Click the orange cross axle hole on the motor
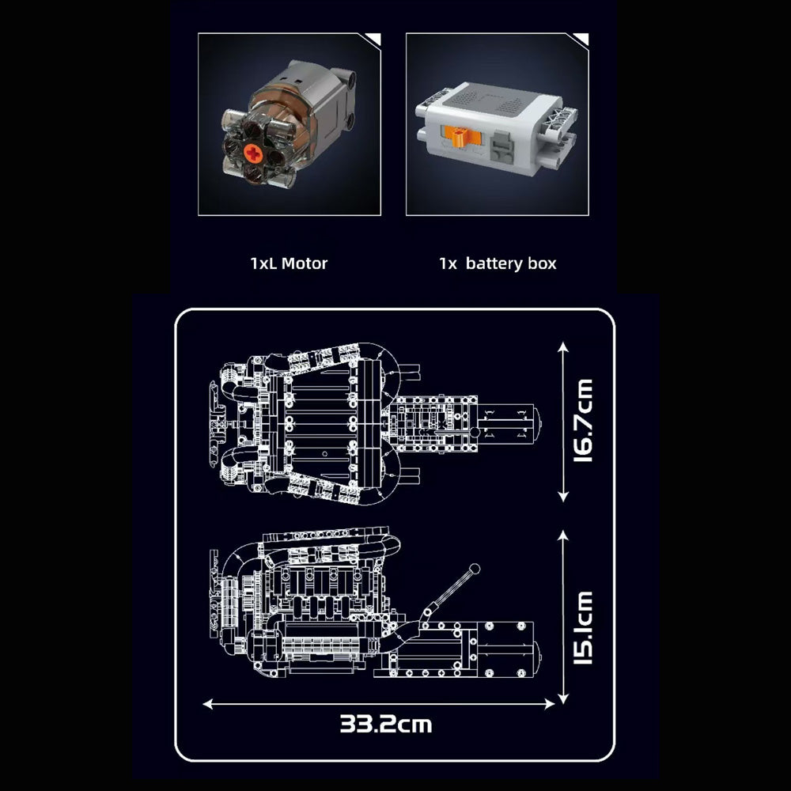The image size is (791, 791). pyautogui.click(x=253, y=153)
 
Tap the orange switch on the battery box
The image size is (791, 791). pyautogui.click(x=460, y=138)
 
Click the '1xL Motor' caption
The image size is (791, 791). pyautogui.click(x=289, y=263)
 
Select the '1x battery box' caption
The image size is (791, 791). pyautogui.click(x=498, y=263)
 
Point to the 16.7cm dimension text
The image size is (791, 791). pyautogui.click(x=583, y=420)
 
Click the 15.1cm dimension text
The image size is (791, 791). pyautogui.click(x=583, y=627)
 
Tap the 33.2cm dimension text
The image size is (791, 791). pyautogui.click(x=386, y=724)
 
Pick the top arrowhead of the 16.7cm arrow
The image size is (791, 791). pyautogui.click(x=563, y=347)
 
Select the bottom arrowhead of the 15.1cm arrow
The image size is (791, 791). pyautogui.click(x=563, y=698)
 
